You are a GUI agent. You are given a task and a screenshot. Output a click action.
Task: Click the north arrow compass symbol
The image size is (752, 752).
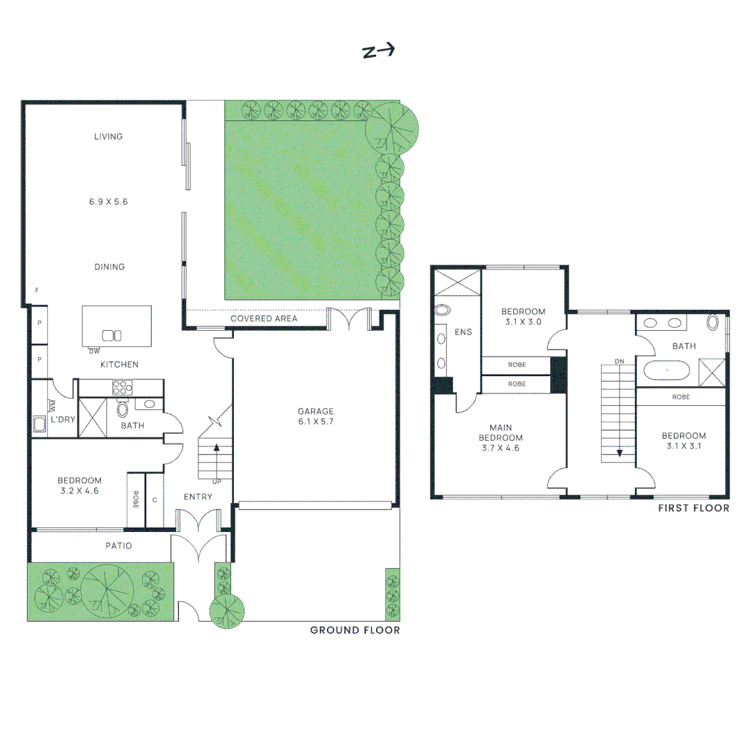[x=378, y=51]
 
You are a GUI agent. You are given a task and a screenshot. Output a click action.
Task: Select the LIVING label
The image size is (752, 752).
[x=108, y=136]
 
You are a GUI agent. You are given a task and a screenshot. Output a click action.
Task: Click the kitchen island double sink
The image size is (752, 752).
[x=112, y=335]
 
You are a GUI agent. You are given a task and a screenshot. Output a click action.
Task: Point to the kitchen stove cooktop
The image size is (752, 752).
[x=122, y=388]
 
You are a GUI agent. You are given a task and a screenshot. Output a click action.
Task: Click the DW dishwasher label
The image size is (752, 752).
[x=94, y=350]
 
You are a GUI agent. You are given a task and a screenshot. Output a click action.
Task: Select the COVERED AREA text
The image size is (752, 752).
[x=263, y=318]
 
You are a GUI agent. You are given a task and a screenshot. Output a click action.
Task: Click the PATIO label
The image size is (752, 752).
[x=118, y=546]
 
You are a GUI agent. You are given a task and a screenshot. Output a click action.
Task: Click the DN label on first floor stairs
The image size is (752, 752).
[x=619, y=361]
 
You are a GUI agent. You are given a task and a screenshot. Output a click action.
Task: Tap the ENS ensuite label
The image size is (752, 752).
[x=463, y=332]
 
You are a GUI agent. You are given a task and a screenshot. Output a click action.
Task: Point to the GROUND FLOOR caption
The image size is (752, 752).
[x=354, y=630]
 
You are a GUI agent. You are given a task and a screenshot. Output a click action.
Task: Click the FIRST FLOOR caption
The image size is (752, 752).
[x=694, y=508]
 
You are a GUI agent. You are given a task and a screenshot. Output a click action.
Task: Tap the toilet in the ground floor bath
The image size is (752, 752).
[x=123, y=408]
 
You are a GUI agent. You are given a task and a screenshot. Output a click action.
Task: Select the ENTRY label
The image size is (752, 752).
[x=198, y=496]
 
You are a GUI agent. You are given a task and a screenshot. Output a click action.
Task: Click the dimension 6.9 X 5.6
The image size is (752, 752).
[x=108, y=202]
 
